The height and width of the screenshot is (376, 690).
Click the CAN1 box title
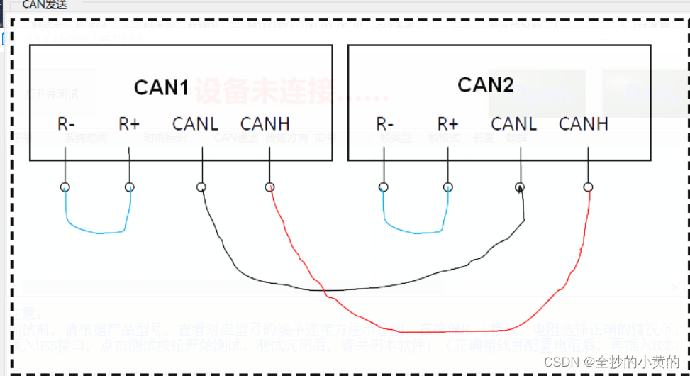click(x=161, y=88)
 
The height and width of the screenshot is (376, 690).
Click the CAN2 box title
click(x=485, y=85)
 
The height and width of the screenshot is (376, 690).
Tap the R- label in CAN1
click(x=66, y=124)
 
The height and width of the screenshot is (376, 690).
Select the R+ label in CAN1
click(x=129, y=124)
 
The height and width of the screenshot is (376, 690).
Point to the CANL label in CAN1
click(x=195, y=124)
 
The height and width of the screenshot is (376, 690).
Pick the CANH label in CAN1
click(x=265, y=124)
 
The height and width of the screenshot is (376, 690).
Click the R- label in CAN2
click(x=384, y=124)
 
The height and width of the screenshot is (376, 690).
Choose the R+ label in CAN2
click(x=447, y=124)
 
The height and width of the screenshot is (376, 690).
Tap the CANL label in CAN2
click(x=513, y=124)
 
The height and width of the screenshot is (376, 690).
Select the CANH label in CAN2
click(x=584, y=124)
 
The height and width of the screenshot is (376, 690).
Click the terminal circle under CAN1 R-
click(x=65, y=187)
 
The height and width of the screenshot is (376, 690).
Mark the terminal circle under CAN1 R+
click(x=129, y=187)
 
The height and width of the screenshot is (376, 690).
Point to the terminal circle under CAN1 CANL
click(x=201, y=187)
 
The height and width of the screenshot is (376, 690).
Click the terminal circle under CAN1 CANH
click(x=269, y=187)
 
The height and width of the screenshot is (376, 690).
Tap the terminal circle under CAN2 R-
click(x=384, y=187)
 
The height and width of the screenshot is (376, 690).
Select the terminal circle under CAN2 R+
click(x=447, y=187)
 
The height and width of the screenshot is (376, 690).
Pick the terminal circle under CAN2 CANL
click(x=520, y=187)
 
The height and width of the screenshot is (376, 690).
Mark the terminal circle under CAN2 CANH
click(x=588, y=187)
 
